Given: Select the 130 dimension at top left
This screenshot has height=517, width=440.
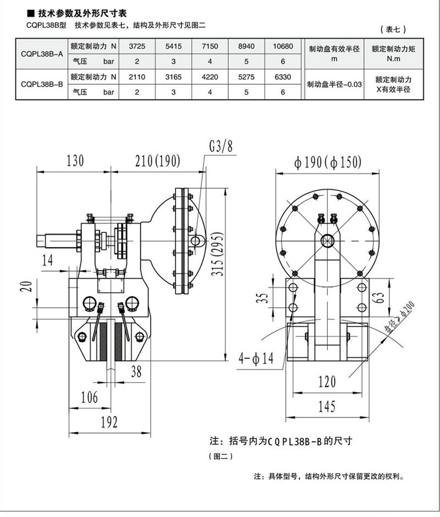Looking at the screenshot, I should tap(75, 161).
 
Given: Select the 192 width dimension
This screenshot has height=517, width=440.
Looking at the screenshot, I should tap(109, 422).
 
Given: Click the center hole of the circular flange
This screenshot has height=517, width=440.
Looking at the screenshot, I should tap(328, 240).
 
